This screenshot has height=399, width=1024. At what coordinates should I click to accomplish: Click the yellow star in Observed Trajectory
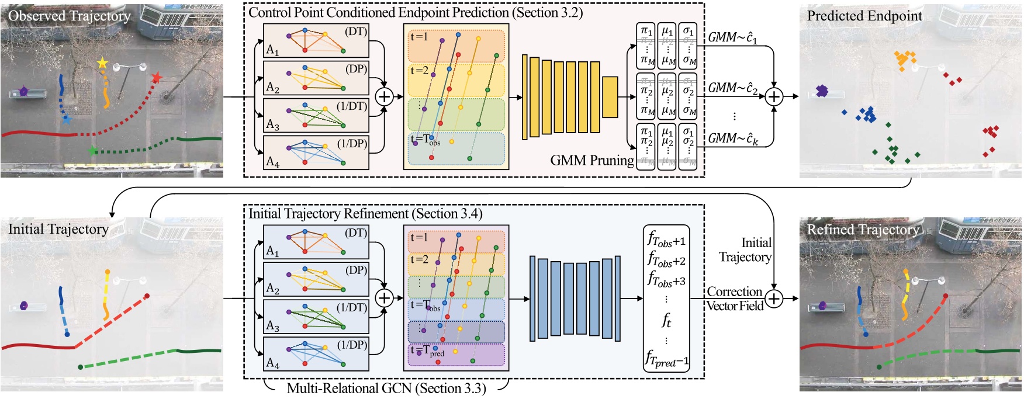[x=103, y=63]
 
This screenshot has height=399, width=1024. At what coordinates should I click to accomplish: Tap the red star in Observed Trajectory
[x=156, y=78]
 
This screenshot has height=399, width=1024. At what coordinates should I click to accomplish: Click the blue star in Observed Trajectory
[x=67, y=120]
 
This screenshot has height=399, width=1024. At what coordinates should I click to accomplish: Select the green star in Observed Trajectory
[x=92, y=151]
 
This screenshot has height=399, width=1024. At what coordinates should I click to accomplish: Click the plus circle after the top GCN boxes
[x=384, y=96]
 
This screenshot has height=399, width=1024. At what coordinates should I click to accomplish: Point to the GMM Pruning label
[x=591, y=160]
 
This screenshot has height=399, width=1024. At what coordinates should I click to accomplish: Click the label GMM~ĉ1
[x=732, y=37]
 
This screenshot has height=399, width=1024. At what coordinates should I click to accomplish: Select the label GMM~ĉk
[x=733, y=138]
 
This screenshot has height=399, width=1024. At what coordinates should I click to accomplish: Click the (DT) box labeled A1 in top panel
[x=316, y=40]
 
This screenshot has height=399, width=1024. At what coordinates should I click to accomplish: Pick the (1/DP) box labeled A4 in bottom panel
[x=316, y=354]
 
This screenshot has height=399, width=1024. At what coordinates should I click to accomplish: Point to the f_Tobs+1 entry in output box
[x=666, y=239]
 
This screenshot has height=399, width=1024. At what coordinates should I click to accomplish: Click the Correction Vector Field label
[x=735, y=299]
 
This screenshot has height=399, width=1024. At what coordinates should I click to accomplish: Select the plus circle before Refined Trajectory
[x=773, y=299]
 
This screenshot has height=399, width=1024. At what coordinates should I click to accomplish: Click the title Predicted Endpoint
[x=864, y=16]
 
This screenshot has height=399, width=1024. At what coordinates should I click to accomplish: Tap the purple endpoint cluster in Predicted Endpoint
[x=822, y=91]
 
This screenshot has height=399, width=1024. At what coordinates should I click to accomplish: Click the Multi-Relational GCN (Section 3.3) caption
[x=386, y=388]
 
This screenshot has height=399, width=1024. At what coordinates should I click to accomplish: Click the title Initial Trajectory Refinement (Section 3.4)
[x=365, y=214]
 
